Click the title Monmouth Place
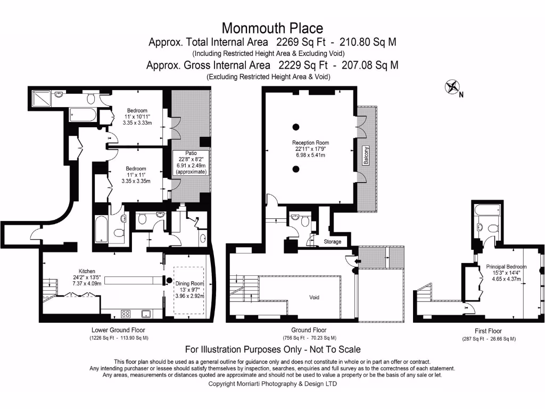pyautogui.click(x=272, y=28)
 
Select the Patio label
pyautogui.click(x=191, y=153)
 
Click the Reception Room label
pyautogui.click(x=310, y=143)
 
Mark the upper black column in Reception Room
pyautogui.click(x=295, y=127)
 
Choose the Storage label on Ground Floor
pyautogui.click(x=333, y=242)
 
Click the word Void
pyautogui.click(x=314, y=297)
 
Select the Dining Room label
pyautogui.click(x=190, y=284)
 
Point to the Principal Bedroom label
pyautogui.click(x=506, y=267)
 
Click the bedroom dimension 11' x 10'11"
pyautogui.click(x=137, y=116)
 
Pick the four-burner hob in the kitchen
pyautogui.click(x=127, y=313)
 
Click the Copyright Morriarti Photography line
pyautogui.click(x=272, y=383)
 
